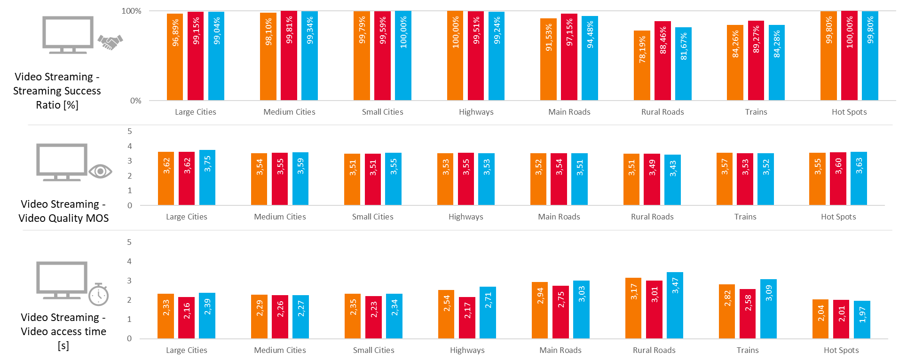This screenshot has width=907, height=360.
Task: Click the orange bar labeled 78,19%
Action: (642, 66)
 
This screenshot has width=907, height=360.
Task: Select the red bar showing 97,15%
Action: (569, 57)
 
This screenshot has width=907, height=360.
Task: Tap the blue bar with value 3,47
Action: (675, 305)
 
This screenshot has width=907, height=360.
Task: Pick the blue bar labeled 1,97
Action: (862, 320)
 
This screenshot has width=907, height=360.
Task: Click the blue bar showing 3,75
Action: (207, 178)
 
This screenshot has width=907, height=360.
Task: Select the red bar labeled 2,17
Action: (467, 318)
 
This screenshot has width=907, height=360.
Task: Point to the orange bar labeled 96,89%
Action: (175, 57)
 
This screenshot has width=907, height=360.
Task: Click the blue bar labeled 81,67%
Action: (683, 64)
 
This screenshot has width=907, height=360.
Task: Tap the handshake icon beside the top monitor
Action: (110, 42)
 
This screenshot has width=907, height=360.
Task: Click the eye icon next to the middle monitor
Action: (100, 171)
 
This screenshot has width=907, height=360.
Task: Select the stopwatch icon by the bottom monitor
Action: (99, 295)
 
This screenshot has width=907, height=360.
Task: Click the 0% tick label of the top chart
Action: (135, 101)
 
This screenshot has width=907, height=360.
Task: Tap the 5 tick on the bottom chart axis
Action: (129, 242)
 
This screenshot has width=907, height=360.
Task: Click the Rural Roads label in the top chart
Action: (662, 112)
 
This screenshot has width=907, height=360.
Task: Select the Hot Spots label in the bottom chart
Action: (841, 350)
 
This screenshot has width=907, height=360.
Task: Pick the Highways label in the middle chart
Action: (465, 217)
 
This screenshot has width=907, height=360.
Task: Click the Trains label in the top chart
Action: (756, 112)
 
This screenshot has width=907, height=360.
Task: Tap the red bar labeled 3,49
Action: (652, 180)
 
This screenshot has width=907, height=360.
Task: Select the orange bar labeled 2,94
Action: (540, 310)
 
